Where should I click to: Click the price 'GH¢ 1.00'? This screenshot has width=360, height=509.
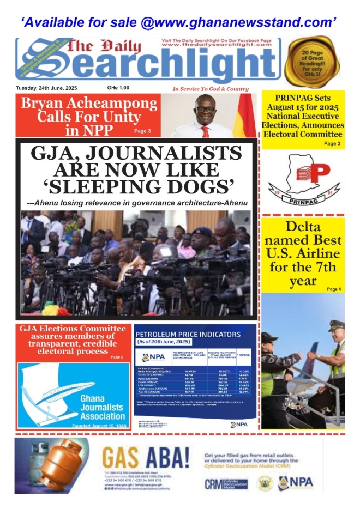(x=118, y=88)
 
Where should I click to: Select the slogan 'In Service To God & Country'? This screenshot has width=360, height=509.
(x=211, y=89)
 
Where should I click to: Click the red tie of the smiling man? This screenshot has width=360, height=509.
(x=205, y=131)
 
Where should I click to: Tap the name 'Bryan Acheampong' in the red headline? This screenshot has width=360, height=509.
(x=88, y=104)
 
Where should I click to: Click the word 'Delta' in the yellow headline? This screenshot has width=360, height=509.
(x=303, y=227)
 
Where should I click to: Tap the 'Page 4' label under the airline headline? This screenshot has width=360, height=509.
(x=334, y=289)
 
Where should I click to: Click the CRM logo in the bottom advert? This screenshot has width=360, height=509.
(x=226, y=484)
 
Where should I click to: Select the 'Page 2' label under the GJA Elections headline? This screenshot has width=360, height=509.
(x=117, y=357)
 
